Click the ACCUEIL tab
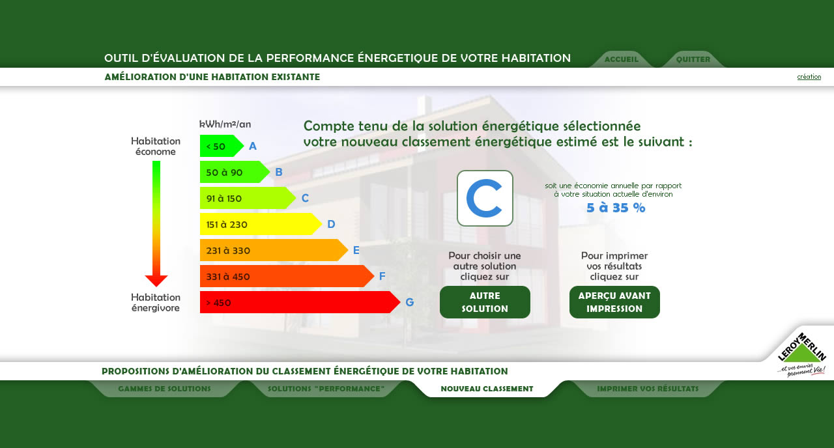(621, 59)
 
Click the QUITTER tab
(693, 59)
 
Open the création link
(809, 77)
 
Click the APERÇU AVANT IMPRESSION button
(614, 301)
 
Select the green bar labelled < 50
(222, 146)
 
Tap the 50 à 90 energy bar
(235, 172)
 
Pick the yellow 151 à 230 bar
(261, 224)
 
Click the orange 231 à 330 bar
(274, 250)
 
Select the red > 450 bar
(300, 302)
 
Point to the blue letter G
(410, 302)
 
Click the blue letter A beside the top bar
(253, 146)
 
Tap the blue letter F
(382, 276)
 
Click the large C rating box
(485, 198)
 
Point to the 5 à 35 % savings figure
(616, 208)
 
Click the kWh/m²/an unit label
(225, 124)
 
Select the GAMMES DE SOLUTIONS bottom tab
(164, 389)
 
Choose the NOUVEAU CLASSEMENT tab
(487, 389)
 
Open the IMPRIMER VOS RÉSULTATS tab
(648, 389)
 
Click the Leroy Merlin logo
(802, 354)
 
